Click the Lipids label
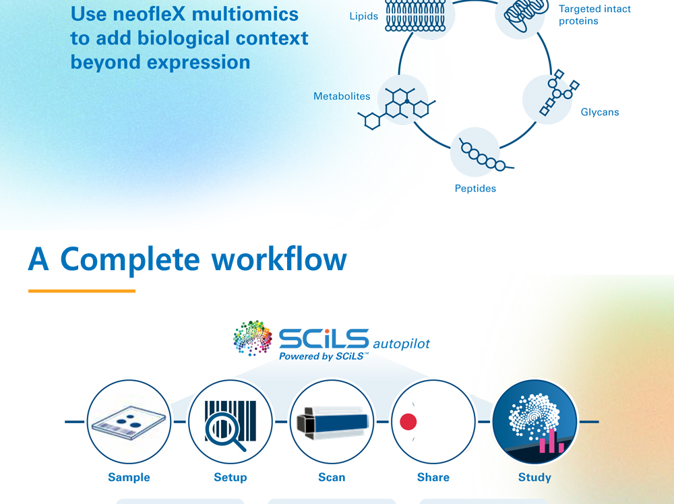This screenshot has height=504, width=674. point(364,16)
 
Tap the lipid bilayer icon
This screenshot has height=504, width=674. point(415,15)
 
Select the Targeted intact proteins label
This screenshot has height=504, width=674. point(594,15)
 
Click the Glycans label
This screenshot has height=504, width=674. point(600,112)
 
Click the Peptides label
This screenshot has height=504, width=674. point(475,189)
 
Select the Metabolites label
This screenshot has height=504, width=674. point(342,96)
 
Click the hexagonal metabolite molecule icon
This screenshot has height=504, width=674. point(396,108)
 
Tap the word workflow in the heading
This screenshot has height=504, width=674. point(279,259)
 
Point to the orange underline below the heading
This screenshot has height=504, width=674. point(82,291)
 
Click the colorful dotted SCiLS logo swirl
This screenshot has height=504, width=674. point(253,338)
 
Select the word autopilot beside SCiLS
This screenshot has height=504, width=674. point(402,344)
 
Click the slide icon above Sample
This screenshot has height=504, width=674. point(129,422)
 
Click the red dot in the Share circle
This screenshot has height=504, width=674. point(408,422)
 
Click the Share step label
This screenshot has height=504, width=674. point(433,477)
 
